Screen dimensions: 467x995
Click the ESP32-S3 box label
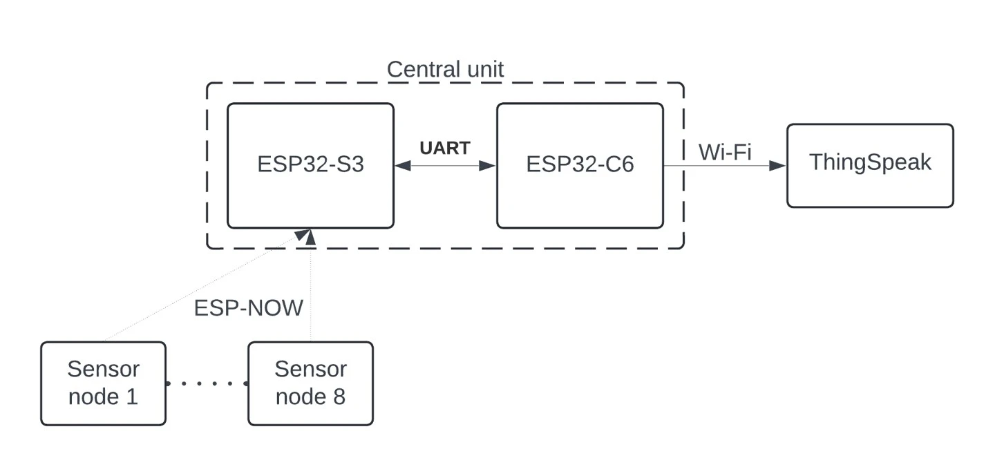[x=310, y=165]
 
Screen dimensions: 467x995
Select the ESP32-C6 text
[x=580, y=165]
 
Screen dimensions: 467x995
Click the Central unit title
[x=445, y=69]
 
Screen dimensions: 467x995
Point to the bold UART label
[x=445, y=148]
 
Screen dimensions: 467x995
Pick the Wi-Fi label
[x=725, y=152]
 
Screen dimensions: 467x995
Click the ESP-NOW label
[x=248, y=307]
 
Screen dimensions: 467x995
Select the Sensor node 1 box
[x=103, y=383]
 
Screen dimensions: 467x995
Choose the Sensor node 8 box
[x=310, y=383]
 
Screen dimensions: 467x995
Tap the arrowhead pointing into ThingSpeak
[x=778, y=166]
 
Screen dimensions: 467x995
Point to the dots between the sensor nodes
[x=207, y=383]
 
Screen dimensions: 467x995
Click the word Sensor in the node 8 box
[x=310, y=370]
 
